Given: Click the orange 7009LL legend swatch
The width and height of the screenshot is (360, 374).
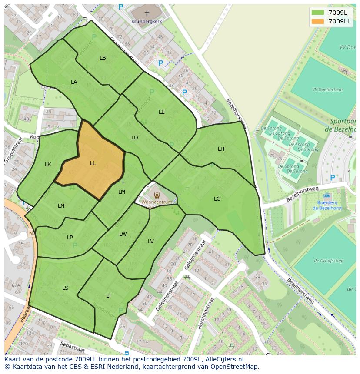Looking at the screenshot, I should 318,21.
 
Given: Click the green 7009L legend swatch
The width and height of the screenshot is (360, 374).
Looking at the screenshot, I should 318,12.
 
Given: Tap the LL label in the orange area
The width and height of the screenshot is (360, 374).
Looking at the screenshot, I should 93,163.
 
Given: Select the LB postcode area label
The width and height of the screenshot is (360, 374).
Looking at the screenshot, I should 103,58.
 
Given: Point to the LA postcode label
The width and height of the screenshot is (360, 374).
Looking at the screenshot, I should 74,82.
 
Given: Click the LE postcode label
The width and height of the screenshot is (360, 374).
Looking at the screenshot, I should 162,112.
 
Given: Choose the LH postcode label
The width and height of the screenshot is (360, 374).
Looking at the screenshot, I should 221,149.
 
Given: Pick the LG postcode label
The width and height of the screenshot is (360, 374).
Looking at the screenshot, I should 217,199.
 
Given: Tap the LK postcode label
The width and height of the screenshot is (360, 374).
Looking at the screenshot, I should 48,165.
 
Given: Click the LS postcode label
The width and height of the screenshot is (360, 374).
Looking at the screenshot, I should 65,288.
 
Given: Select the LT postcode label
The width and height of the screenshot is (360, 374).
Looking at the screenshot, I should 109,296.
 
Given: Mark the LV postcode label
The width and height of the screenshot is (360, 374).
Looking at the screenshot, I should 151,242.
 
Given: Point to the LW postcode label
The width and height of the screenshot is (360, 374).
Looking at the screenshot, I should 123,234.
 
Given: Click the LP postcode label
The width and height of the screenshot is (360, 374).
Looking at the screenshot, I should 70,238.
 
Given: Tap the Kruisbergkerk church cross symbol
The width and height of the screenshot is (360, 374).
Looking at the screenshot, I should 147,13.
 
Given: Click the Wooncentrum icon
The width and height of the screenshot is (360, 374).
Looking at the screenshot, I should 157,195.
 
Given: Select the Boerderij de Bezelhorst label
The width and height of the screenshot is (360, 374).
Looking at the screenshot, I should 327,205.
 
